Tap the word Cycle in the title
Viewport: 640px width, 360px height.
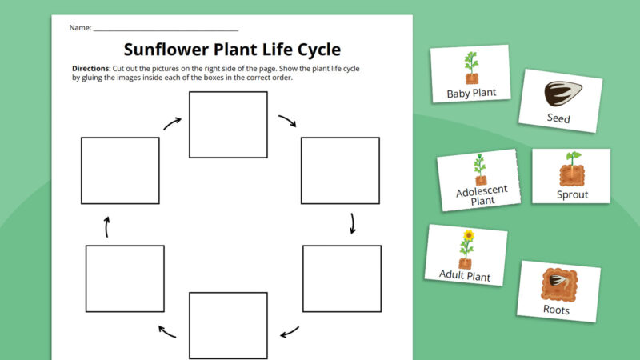tap(308, 50)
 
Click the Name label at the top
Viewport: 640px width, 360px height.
tap(80, 28)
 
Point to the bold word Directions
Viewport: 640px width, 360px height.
tap(90, 69)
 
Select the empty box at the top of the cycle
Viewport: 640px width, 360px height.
tap(228, 124)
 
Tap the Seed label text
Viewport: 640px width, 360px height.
tap(558, 118)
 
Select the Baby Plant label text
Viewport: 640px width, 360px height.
tap(471, 93)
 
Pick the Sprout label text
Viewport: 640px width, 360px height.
tap(572, 194)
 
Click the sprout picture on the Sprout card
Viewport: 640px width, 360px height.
tap(571, 168)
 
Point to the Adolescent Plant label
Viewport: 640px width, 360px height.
tap(477, 196)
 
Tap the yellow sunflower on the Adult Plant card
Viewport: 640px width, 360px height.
tap(469, 236)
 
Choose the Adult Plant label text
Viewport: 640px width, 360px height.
tap(465, 274)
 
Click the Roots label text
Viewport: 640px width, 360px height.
tap(556, 310)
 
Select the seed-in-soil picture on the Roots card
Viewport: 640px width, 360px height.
tap(558, 282)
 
